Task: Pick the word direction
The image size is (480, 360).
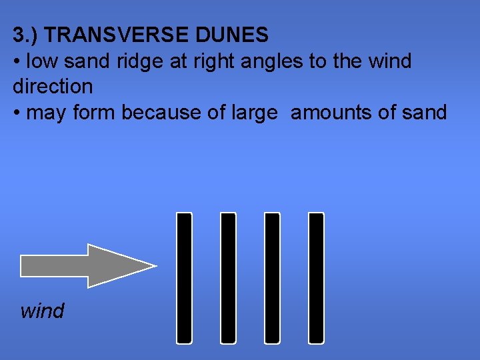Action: pos(53,87)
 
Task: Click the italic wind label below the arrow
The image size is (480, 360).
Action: pos(42,311)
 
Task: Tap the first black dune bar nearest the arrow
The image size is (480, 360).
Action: pos(183,277)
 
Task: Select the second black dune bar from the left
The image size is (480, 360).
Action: pos(228,277)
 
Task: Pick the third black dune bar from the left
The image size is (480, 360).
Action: pos(272,277)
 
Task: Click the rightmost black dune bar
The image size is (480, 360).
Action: pos(316,277)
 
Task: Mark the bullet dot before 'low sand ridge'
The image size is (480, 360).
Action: pos(17,62)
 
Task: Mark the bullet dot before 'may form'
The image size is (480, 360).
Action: pos(17,113)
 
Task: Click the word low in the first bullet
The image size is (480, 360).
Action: pos(41,61)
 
